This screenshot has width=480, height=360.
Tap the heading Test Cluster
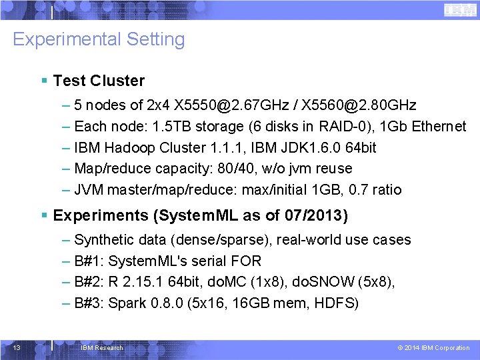99,81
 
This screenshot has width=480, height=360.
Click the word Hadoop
131,147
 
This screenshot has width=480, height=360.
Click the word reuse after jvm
331,169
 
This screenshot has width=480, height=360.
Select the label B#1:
89,261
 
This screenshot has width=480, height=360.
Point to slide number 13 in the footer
17,347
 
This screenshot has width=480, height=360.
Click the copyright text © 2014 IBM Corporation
433,348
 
